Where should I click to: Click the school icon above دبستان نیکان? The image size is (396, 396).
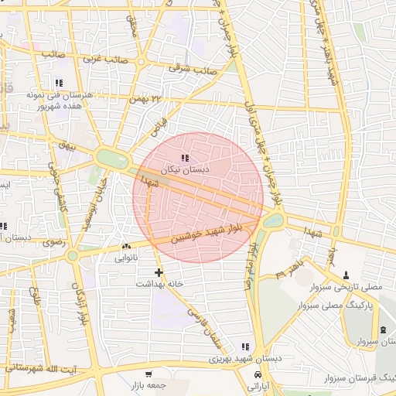[x=183, y=159]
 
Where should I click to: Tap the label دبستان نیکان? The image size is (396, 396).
[x=180, y=169]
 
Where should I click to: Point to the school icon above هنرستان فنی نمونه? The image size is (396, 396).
[x=59, y=83]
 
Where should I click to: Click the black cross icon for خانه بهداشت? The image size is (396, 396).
[x=159, y=272]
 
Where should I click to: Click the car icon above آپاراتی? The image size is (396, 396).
[x=258, y=374]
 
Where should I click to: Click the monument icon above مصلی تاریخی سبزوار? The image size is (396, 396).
[x=345, y=275]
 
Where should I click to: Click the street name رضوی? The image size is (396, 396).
[x=56, y=243]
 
